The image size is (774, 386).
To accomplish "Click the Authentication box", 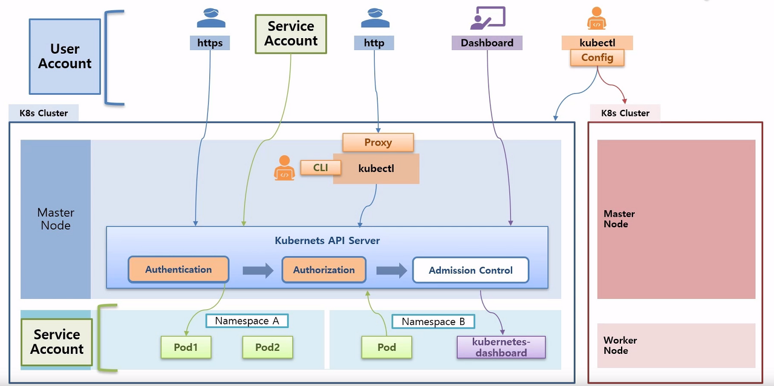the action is click(x=178, y=269).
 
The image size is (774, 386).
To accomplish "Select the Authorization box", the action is click(x=324, y=269).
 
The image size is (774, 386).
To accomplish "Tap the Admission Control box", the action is click(x=470, y=270).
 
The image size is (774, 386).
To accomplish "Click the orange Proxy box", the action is click(x=378, y=142).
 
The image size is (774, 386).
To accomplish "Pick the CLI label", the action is click(x=320, y=167).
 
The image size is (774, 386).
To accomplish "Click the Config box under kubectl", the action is click(x=597, y=57).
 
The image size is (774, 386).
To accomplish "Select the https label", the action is click(x=210, y=43).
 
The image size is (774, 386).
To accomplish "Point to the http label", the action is click(x=374, y=43).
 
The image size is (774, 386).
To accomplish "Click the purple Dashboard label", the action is click(x=487, y=43).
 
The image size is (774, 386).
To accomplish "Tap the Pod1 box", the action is click(x=186, y=347).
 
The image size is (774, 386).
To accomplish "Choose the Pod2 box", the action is click(x=267, y=347).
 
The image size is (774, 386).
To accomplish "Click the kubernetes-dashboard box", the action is click(x=501, y=347).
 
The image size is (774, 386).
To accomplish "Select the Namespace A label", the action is click(x=247, y=321).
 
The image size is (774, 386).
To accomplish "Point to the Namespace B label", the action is click(x=434, y=321).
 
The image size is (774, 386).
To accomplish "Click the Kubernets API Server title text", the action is click(x=327, y=240).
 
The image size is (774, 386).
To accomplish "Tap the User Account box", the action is click(x=65, y=56).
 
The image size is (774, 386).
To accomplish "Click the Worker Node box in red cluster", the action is click(x=676, y=346).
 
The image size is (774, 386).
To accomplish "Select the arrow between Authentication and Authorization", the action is click(x=258, y=270).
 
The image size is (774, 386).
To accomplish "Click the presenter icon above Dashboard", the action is click(x=487, y=18).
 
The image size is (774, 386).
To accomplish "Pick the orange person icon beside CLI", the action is click(x=284, y=168).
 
